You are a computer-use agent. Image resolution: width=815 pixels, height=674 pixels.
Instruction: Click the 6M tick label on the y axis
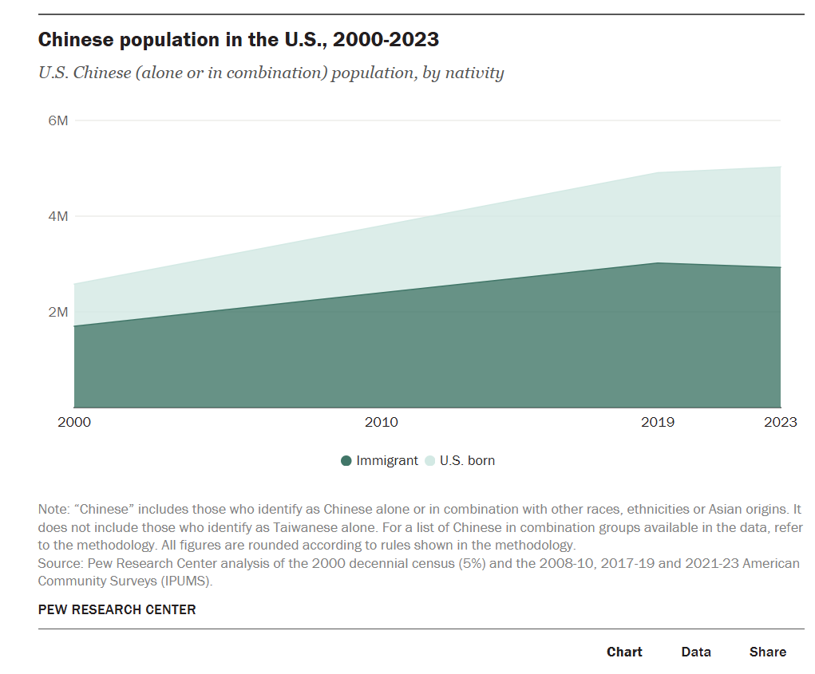58,120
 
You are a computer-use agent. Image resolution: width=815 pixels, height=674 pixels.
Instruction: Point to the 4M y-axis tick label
58,216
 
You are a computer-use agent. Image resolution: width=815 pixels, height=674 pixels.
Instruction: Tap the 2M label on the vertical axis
58,312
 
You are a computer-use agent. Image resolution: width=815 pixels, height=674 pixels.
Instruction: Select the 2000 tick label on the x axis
74,422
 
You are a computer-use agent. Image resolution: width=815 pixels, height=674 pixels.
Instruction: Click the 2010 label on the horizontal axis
381,422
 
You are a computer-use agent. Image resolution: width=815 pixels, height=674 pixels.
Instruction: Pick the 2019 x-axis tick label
657,422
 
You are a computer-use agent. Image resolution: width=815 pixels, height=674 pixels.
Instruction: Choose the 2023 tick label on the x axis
780,422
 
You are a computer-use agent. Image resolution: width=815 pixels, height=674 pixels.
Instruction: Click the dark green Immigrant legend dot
346,461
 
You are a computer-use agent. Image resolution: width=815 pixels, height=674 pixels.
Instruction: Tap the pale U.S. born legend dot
429,461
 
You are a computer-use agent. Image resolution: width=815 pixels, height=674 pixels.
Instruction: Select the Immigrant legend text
387,461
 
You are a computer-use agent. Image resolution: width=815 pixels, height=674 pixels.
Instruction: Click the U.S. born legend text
467,461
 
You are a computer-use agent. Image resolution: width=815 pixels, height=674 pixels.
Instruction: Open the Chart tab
624,652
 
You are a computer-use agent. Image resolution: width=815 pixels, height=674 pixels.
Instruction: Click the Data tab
696,652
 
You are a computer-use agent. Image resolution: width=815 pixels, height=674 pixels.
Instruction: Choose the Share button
768,652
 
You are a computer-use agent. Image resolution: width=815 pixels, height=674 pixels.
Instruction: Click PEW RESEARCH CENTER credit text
117,609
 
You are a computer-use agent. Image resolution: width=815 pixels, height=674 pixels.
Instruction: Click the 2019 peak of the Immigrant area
657,263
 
